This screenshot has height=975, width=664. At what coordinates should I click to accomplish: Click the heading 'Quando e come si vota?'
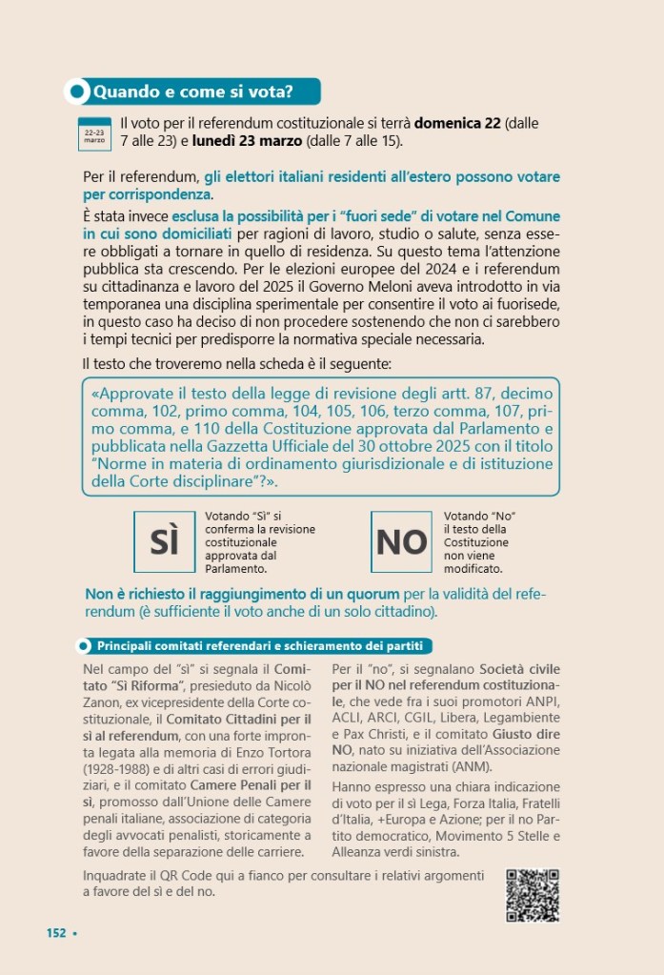191,92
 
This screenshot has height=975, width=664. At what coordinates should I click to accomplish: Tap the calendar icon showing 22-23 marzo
94,133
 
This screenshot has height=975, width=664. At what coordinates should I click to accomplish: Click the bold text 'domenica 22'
457,124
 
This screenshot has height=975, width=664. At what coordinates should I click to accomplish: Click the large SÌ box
165,540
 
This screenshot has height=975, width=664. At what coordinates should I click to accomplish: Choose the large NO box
402,541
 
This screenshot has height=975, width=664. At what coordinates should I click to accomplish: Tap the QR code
532,896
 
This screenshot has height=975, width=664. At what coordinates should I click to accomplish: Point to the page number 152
56,932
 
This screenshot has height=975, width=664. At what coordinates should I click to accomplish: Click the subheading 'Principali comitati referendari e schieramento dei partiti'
260,645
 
